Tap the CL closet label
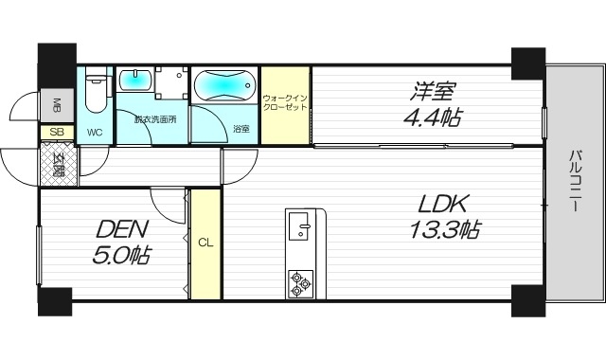pyautogui.click(x=205, y=243)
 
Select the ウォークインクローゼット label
pyautogui.click(x=286, y=104)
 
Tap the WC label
pyautogui.click(x=95, y=132)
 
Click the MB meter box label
pyautogui.click(x=56, y=104)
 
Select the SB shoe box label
pyautogui.click(x=56, y=133)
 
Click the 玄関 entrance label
pyautogui.click(x=59, y=164)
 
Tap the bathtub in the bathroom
pyautogui.click(x=224, y=86)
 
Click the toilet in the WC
pyautogui.click(x=96, y=93)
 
